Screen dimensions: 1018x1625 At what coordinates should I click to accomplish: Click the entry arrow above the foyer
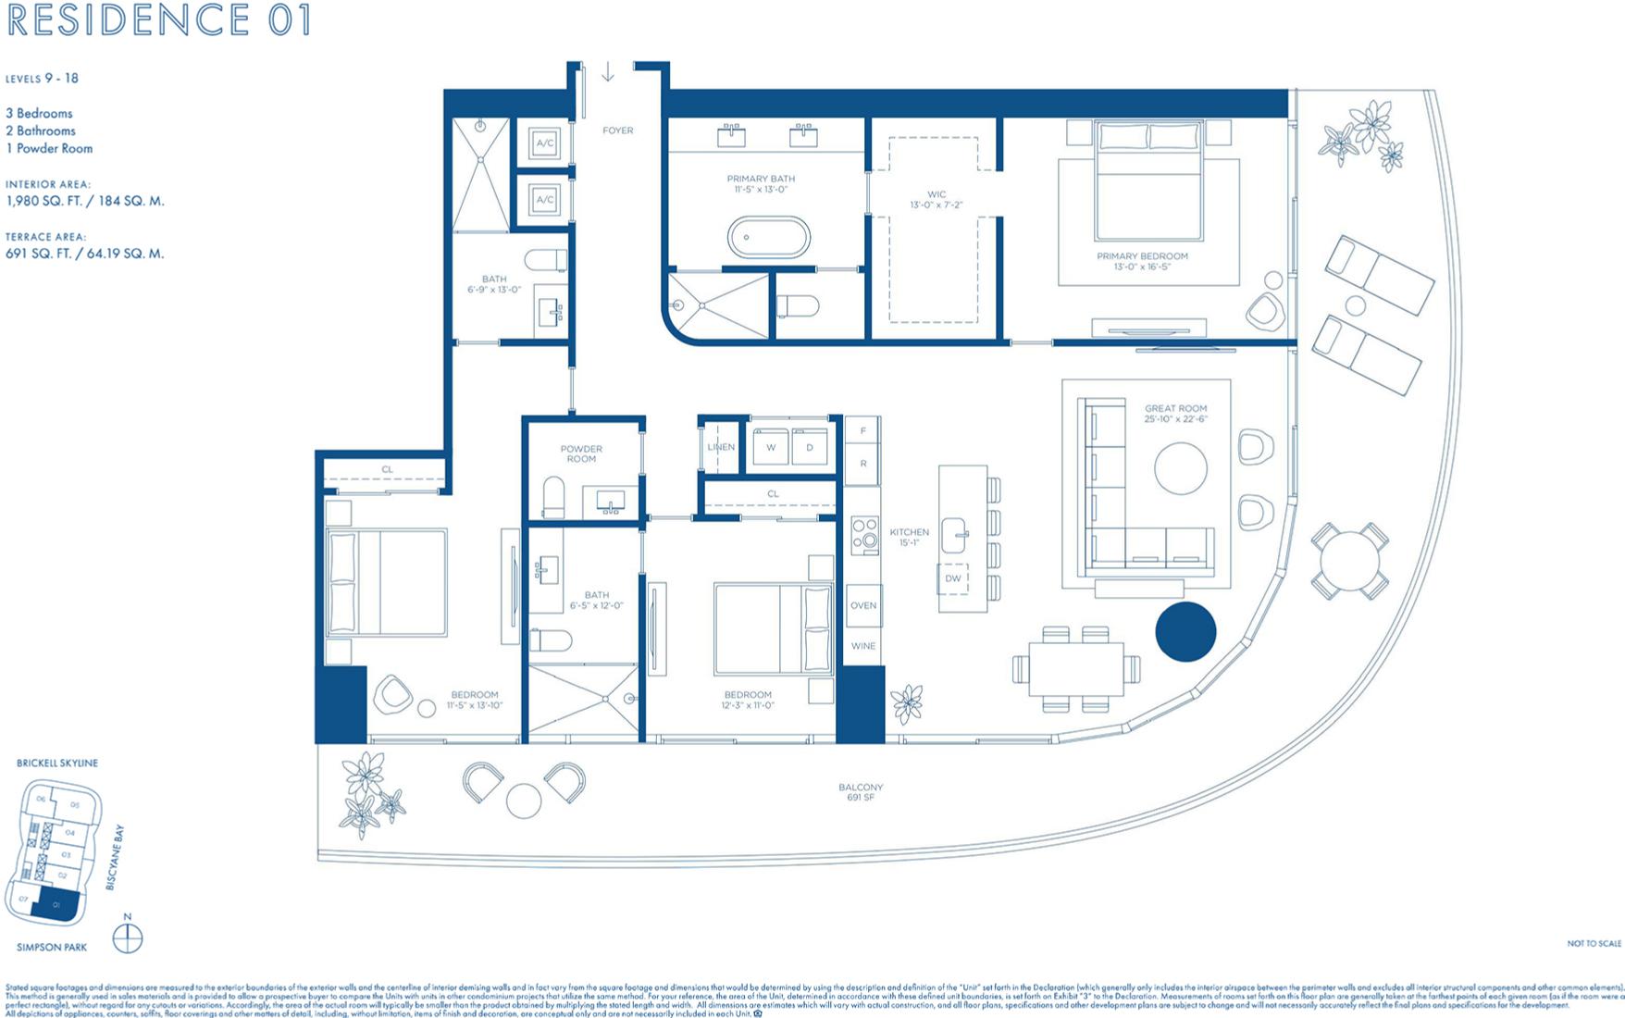[x=608, y=72]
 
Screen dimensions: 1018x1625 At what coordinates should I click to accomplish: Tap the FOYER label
[x=617, y=130]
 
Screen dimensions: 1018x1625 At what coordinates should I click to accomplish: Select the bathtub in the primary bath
[x=768, y=237]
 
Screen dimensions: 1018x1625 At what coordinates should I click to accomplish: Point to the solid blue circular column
[x=1185, y=632]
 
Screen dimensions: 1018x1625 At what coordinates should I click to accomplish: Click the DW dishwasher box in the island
[x=953, y=578]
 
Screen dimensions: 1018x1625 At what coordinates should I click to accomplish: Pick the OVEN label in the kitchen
[x=862, y=605]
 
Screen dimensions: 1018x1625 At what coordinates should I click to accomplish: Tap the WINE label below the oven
[x=862, y=646]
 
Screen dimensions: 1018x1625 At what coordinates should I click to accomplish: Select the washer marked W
[x=770, y=447]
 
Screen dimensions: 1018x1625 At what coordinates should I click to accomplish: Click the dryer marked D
[x=810, y=447]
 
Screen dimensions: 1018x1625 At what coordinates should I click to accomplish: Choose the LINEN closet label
[x=721, y=447]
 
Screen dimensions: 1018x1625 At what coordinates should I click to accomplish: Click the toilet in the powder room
[x=553, y=497]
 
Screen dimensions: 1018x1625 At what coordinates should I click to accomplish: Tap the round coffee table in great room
[x=1180, y=469]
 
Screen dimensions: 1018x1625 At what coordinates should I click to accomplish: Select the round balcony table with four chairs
[x=1349, y=562]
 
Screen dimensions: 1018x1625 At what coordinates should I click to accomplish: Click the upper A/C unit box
[x=544, y=143]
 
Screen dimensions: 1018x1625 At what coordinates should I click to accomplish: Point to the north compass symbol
[x=128, y=938]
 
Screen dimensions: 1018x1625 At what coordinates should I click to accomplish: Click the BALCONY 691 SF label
[x=860, y=792]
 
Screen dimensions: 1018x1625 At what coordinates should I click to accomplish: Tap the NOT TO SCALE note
[x=1594, y=943]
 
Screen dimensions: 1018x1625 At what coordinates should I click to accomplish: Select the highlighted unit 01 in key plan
[x=56, y=905]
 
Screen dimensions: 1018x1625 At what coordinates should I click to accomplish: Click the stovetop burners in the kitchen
[x=864, y=534]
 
